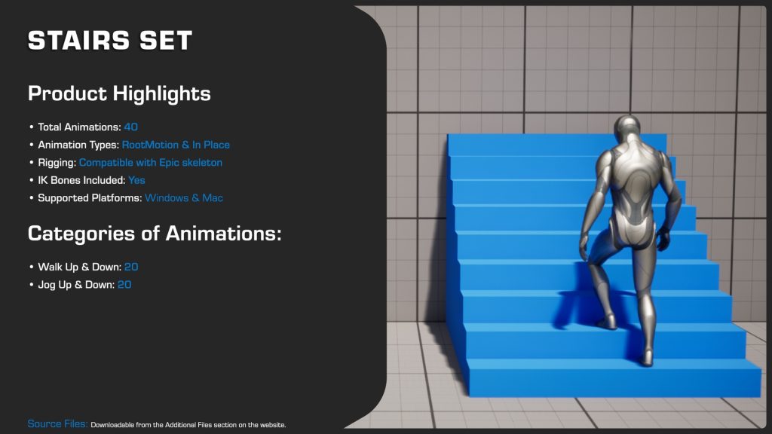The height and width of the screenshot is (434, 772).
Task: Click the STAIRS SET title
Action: pos(110,41)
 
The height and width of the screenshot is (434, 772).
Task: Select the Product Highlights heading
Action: pos(119,94)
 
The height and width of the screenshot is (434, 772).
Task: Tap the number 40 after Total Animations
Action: pos(130,127)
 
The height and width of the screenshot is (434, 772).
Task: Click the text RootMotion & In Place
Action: pos(176,145)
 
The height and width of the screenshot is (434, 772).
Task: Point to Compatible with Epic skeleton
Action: pos(151,163)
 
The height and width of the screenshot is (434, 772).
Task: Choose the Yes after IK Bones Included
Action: pos(136,181)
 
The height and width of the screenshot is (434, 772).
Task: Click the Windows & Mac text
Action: pos(184,198)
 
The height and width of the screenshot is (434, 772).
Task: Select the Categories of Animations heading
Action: pos(155,234)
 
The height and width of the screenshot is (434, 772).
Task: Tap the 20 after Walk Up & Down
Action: pos(131,267)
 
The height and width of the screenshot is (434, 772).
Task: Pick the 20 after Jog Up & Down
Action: pos(124,285)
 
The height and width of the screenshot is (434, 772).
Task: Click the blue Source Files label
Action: pos(57,424)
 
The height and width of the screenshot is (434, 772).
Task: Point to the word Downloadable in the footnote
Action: pos(114,426)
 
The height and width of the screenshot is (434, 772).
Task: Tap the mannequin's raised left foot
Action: pos(607,322)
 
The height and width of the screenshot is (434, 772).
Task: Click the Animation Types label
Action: pos(78,145)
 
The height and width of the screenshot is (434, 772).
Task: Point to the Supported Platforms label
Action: pos(90,198)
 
